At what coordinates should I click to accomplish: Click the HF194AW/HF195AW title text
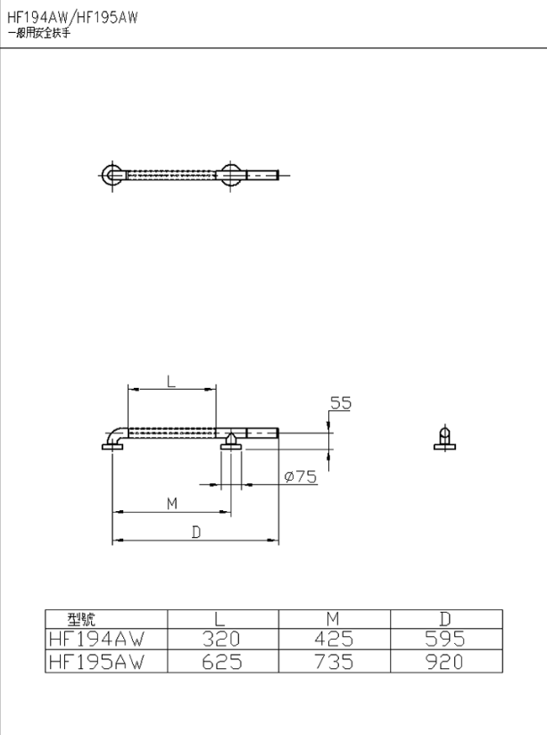click(x=72, y=17)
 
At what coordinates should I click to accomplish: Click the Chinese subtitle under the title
click(x=39, y=33)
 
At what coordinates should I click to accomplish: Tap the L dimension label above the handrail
click(x=171, y=381)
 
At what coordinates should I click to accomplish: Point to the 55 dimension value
click(x=341, y=402)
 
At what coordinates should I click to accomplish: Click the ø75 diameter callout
click(x=301, y=476)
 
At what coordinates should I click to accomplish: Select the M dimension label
click(x=172, y=504)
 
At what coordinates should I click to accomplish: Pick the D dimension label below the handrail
click(x=196, y=533)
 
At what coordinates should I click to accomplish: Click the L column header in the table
click(x=220, y=619)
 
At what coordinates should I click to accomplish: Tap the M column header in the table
click(x=333, y=619)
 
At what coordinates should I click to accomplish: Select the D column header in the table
click(x=444, y=619)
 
